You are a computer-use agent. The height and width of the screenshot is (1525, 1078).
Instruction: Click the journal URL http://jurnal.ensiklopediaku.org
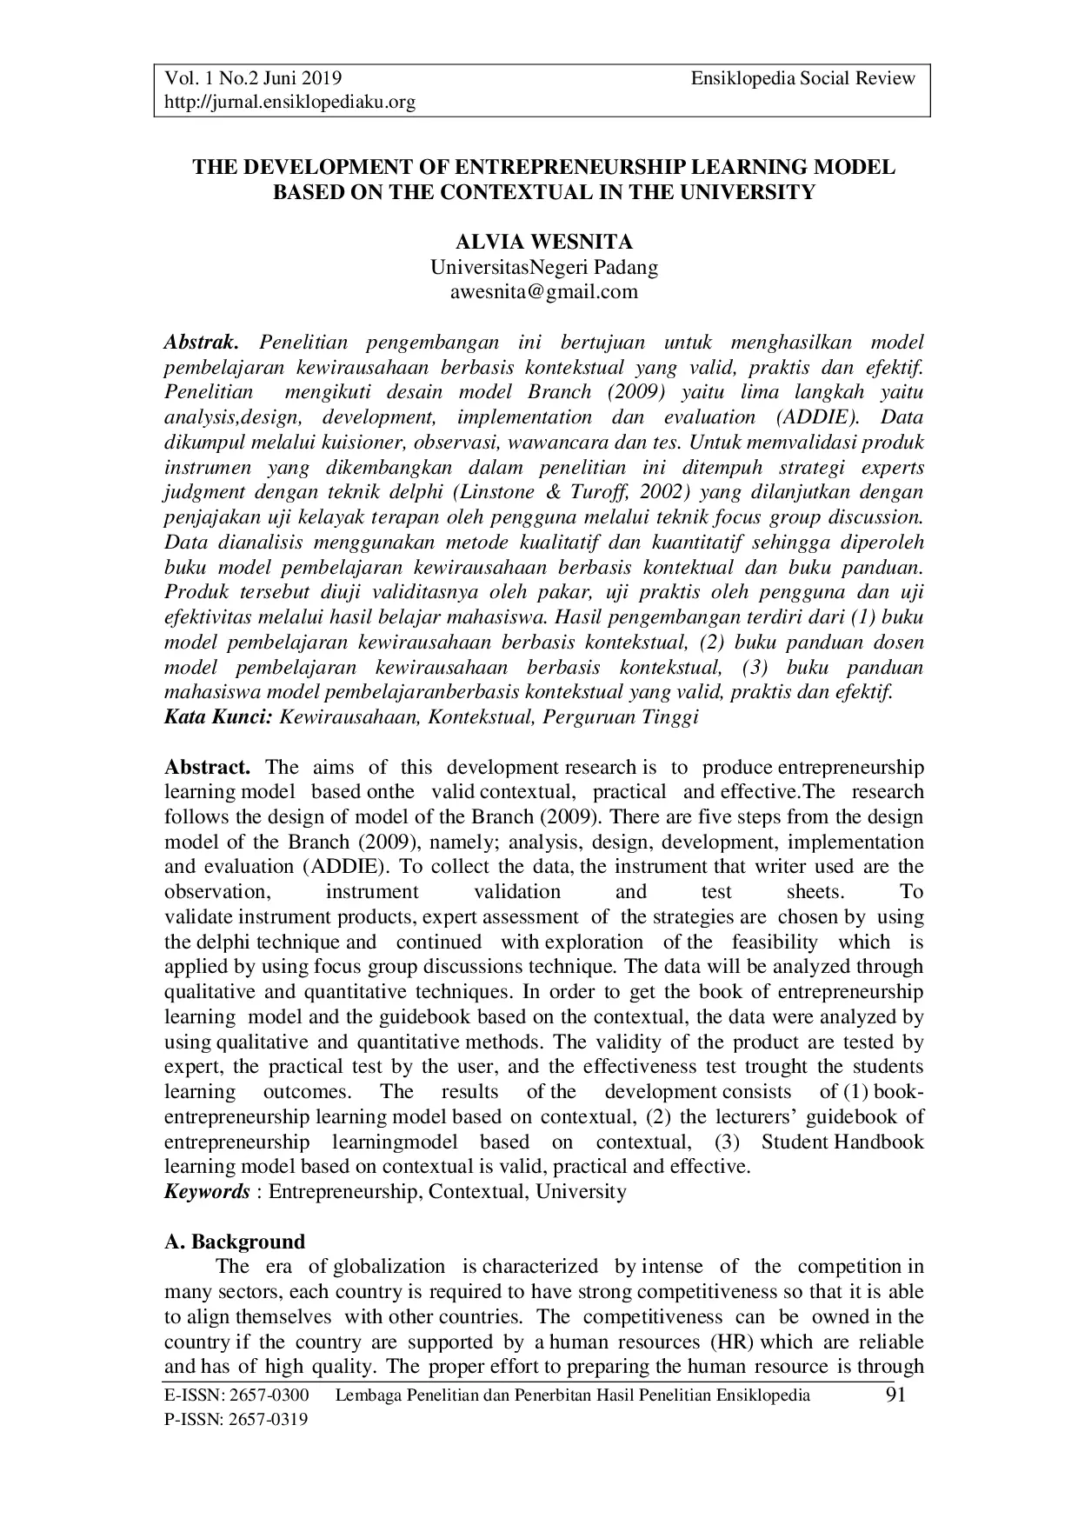[290, 103]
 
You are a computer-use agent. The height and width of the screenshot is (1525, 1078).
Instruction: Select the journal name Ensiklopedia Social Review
[802, 78]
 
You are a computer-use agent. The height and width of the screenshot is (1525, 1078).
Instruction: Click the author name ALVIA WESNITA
[544, 242]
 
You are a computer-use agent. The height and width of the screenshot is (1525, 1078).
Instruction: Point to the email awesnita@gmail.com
[543, 291]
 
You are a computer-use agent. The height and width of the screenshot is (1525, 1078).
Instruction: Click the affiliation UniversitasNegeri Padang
[544, 267]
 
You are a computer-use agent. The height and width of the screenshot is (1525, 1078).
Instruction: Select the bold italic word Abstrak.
[201, 343]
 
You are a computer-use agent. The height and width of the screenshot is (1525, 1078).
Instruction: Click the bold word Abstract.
[208, 767]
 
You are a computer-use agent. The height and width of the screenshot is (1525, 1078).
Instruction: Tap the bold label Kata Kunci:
[219, 717]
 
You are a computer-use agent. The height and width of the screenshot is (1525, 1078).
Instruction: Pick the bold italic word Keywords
[207, 1191]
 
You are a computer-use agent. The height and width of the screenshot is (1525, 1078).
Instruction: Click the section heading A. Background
[235, 1241]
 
